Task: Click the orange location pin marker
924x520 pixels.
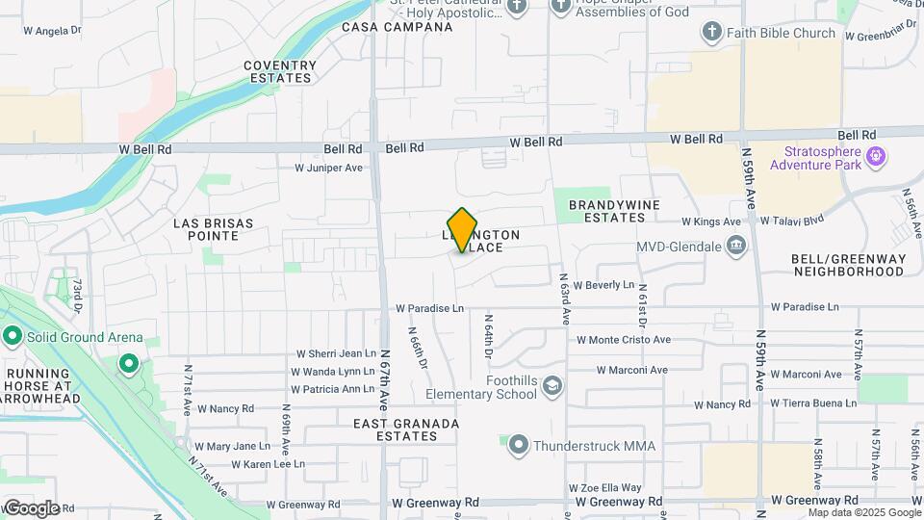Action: (462, 230)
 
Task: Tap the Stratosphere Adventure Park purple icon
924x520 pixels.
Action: (876, 155)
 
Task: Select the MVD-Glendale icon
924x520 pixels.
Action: (736, 247)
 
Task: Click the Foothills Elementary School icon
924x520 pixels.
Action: (552, 387)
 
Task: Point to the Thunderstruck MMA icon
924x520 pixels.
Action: (519, 445)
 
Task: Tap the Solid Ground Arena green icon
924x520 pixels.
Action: (13, 337)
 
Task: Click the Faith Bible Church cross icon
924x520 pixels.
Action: (712, 33)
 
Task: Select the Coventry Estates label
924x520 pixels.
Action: (280, 72)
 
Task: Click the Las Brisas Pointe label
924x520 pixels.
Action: (213, 229)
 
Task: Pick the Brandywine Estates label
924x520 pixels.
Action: (620, 211)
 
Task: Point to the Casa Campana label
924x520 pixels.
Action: (398, 27)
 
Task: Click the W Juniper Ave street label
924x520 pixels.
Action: (328, 168)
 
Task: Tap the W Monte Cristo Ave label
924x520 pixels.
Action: (623, 340)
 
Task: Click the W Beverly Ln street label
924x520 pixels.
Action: (603, 285)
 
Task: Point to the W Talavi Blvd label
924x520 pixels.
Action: (792, 221)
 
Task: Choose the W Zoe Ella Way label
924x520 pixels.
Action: (604, 488)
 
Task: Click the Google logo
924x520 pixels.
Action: (32, 507)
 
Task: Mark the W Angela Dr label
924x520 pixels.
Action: (52, 31)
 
